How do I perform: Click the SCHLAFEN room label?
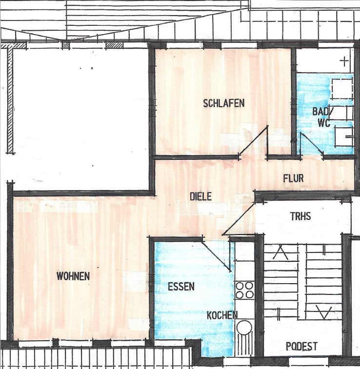(x=224, y=103)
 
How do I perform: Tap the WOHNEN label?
(x=73, y=276)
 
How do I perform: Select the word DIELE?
(x=200, y=196)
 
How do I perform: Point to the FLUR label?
(x=293, y=178)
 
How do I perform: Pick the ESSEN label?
(x=181, y=287)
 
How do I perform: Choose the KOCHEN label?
(x=222, y=315)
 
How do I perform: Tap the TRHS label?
(x=300, y=216)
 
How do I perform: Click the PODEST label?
(x=301, y=347)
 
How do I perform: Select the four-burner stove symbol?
(x=244, y=291)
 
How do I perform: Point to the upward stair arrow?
(x=280, y=252)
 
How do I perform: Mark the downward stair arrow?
(x=324, y=312)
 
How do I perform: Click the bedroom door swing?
(x=254, y=141)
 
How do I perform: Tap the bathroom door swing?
(x=311, y=144)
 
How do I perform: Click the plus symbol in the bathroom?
(x=344, y=61)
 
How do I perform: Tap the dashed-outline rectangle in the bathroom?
(x=342, y=89)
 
